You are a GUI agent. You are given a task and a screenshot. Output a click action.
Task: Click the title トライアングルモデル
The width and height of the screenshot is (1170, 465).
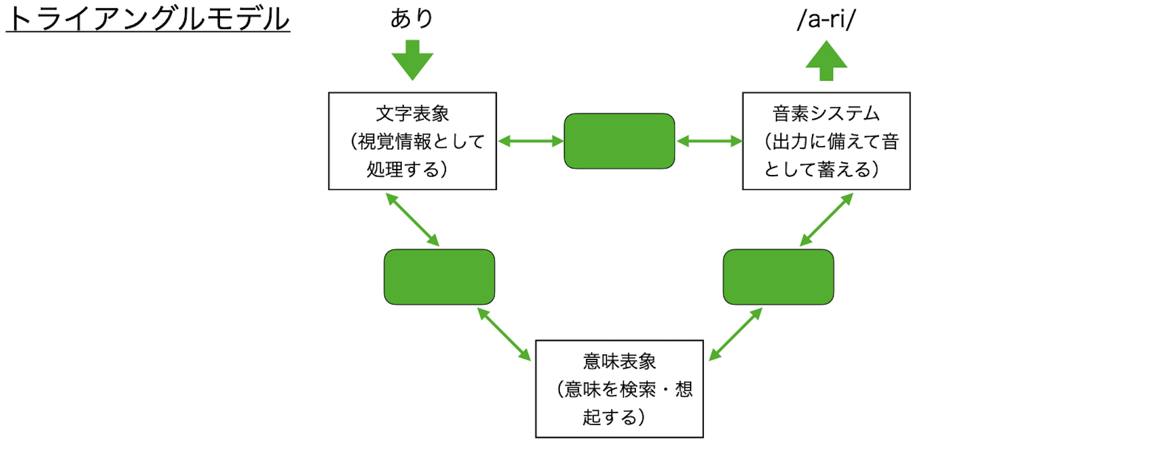148,19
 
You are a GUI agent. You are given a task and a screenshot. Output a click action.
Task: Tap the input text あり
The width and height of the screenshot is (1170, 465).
412,19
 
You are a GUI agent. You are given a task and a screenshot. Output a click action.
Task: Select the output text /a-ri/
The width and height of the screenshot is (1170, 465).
826,20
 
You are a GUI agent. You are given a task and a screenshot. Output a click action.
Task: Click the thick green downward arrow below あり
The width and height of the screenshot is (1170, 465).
412,61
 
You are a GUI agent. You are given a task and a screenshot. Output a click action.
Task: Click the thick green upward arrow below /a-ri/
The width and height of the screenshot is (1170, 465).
826,61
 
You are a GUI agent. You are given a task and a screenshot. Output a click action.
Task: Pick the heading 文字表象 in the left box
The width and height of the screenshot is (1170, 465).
412,114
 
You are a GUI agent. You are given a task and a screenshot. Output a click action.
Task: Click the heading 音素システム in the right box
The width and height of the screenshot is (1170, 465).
826,114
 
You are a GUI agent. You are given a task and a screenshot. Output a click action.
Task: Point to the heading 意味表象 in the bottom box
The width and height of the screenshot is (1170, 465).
619,362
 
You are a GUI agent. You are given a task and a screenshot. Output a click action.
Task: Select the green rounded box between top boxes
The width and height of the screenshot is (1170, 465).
619,141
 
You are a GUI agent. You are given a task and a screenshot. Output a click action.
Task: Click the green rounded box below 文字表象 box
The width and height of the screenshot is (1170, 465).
439,277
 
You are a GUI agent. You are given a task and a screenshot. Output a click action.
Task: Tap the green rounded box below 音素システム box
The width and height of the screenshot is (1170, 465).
778,277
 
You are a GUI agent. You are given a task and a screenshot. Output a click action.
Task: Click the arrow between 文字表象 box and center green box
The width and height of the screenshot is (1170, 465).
530,141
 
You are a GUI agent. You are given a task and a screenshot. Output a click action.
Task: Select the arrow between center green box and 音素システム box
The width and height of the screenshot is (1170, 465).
709,141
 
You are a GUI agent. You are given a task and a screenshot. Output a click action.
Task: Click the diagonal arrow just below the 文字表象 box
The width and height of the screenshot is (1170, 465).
413,219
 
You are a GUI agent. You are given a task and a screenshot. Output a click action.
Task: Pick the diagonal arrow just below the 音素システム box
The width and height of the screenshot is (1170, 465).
826,219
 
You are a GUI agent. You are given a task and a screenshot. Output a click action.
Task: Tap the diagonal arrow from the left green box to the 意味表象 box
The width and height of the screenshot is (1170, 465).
504,334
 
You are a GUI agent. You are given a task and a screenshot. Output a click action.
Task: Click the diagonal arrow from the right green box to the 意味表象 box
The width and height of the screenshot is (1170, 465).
735,334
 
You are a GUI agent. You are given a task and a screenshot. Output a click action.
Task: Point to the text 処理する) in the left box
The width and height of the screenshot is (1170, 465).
407,170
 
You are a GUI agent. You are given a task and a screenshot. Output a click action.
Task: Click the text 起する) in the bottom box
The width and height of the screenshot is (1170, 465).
613,417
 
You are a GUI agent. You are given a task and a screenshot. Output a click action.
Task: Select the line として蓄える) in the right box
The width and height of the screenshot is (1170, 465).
821,170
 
